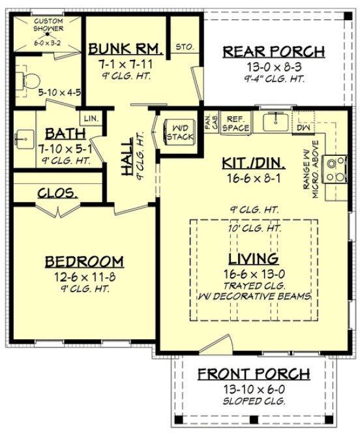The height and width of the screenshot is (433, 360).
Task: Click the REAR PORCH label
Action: (273, 51)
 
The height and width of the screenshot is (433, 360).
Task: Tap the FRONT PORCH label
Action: (254, 374)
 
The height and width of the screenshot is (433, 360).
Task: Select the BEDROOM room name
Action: (83, 261)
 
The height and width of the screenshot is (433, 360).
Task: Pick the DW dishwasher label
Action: (303, 128)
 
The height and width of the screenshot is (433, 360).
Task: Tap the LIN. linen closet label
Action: (89, 119)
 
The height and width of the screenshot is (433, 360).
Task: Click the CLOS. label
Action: (58, 193)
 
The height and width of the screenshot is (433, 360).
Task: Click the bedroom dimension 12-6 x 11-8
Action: (83, 276)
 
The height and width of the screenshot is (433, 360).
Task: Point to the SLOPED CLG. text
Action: (254, 400)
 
